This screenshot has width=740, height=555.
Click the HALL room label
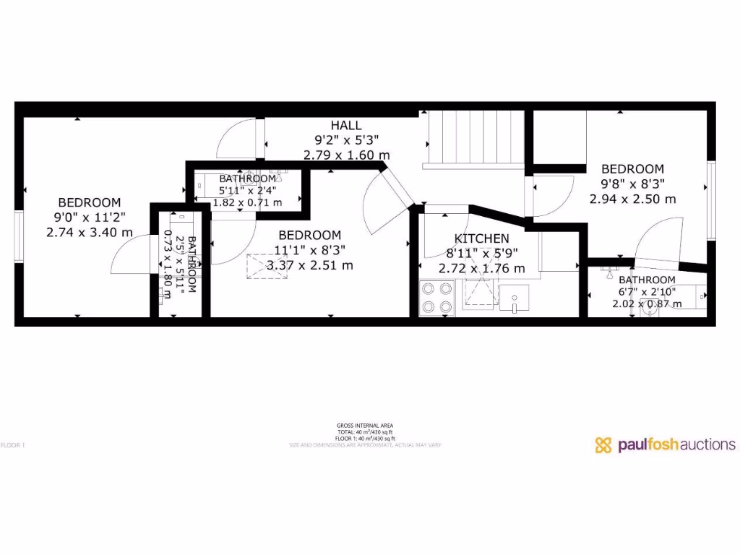[346, 126]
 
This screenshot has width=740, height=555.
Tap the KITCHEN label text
[481, 238]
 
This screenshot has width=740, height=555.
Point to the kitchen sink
[514, 297]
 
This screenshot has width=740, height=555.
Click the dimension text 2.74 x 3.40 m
[90, 232]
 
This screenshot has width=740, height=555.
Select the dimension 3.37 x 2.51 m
[310, 265]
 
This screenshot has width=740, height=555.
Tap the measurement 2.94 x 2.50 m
[632, 199]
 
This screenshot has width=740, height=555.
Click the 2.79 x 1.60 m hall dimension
[346, 155]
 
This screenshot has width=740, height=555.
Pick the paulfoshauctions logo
[665, 444]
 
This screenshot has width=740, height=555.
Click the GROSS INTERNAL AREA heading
[365, 426]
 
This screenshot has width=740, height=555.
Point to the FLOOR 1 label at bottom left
[13, 445]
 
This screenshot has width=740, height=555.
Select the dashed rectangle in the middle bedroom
[263, 265]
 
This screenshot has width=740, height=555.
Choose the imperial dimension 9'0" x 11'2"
[90, 218]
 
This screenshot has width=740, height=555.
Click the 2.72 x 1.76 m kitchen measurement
[481, 269]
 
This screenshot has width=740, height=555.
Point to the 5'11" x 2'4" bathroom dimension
[247, 191]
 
